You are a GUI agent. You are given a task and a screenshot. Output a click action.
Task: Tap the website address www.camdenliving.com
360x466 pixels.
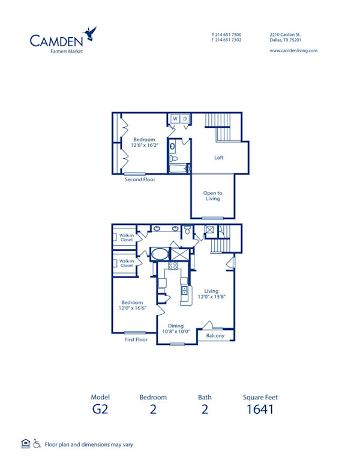pos(293,51)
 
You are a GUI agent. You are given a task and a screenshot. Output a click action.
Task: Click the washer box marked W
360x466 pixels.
pos(175,119)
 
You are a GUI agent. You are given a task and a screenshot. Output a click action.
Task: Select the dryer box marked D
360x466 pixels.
pos(185,119)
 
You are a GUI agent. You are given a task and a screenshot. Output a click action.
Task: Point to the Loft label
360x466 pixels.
pos(220,158)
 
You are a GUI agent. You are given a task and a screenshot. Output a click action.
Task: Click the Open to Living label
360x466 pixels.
pos(212,196)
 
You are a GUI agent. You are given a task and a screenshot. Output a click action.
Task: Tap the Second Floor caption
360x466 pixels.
pos(140,179)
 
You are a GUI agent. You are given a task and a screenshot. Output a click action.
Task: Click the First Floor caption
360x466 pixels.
pos(136,339)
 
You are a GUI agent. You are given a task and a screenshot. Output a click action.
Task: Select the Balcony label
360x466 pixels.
pos(215,336)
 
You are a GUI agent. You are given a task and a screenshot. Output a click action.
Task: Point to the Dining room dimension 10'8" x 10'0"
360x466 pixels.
pos(176,331)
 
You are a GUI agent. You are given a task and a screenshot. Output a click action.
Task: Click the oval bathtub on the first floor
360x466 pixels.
pos(159,254)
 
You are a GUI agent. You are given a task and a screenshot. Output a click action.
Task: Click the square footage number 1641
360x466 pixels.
pos(260,410)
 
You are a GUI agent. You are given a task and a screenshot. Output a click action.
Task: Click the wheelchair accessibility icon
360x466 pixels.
pos(37,444)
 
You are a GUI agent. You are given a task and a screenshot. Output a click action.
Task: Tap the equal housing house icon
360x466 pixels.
pos(25,444)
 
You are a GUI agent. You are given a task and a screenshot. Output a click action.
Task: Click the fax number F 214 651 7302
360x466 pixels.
pos(227,40)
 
